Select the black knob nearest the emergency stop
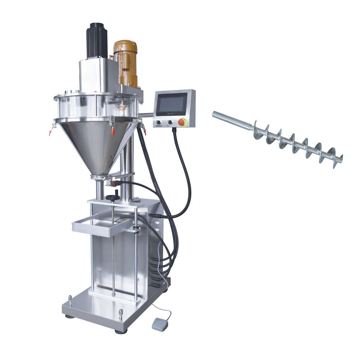click(x=170, y=122)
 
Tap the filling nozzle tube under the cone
click(x=100, y=189)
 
